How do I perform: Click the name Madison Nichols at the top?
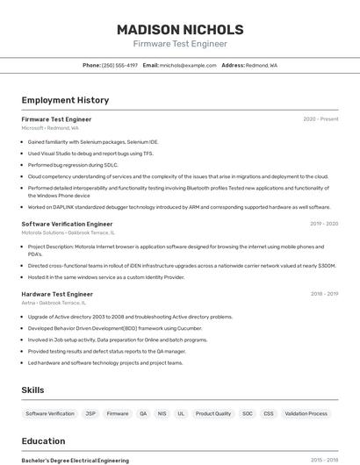click(x=180, y=29)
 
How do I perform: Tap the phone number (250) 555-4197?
click(x=119, y=65)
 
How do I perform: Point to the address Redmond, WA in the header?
click(x=261, y=65)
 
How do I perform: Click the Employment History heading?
click(x=65, y=100)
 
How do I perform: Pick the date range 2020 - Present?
click(x=320, y=119)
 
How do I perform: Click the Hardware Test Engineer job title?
click(x=57, y=294)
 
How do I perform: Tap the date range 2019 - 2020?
click(x=323, y=224)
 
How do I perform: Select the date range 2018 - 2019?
click(x=323, y=294)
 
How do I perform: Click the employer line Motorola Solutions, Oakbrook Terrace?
click(x=68, y=232)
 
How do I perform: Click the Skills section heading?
click(x=32, y=390)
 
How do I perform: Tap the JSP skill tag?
click(x=90, y=413)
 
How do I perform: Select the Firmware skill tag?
click(x=118, y=413)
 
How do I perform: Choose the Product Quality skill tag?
click(x=213, y=413)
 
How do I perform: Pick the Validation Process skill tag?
click(x=306, y=413)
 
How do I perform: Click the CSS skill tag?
click(x=269, y=413)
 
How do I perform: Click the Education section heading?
click(x=43, y=441)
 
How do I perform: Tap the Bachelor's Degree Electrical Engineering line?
click(x=75, y=460)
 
